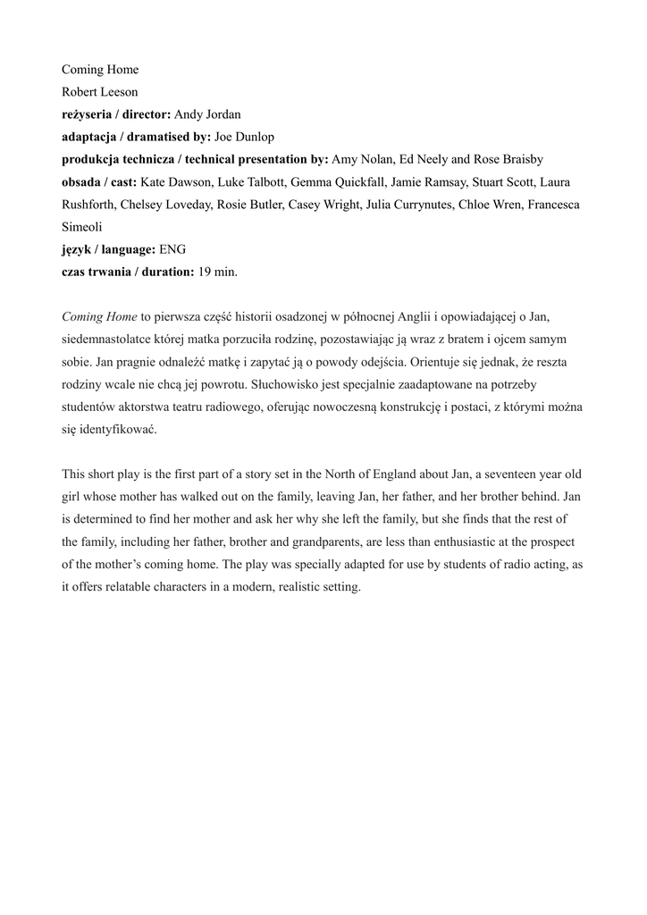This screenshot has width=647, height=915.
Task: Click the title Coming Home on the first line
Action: click(x=100, y=70)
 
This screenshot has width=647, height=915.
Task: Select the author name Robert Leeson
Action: click(x=99, y=92)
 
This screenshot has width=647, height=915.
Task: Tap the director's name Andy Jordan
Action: click(x=207, y=114)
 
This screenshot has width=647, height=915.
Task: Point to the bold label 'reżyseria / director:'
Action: click(x=115, y=114)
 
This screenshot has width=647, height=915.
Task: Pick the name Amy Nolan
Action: click(x=361, y=159)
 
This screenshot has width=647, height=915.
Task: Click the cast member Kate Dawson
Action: click(x=176, y=182)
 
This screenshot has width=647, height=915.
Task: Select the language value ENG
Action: click(x=172, y=249)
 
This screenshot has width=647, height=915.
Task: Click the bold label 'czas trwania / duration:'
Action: click(x=128, y=272)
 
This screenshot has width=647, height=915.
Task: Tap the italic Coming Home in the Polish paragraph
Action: click(x=99, y=317)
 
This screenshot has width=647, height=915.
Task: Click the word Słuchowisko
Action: click(x=285, y=385)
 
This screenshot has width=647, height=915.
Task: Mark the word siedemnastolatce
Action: click(x=105, y=340)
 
